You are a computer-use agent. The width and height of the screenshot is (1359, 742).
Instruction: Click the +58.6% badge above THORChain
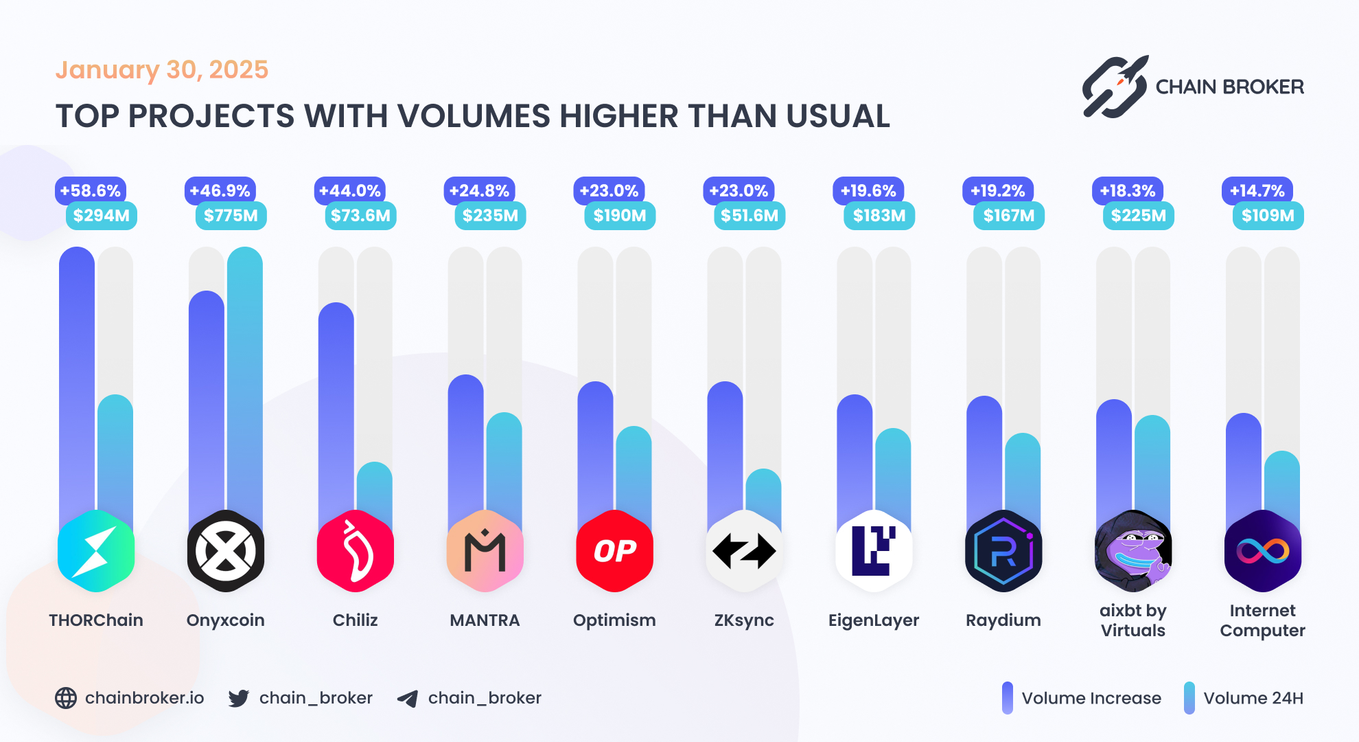pos(91,191)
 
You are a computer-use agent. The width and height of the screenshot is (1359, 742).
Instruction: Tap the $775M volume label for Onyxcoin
pos(231,216)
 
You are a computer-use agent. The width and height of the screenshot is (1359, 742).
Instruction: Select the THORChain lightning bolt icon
pos(96,551)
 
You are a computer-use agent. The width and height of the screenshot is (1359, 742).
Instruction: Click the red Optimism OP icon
pos(614,551)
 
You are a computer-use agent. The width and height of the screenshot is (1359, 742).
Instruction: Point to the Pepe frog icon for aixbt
pos(1133,551)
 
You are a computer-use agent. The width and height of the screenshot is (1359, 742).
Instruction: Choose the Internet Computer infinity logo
pos(1262,551)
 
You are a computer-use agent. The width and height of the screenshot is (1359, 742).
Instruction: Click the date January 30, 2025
pos(162,70)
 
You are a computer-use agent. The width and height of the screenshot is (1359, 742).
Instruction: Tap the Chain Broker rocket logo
pos(1115,87)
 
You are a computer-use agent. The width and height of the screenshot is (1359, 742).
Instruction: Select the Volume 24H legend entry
pos(1244,698)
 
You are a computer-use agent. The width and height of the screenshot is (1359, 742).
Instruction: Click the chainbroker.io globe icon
pos(66,698)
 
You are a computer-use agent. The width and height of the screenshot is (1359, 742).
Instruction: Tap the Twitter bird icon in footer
pos(239,698)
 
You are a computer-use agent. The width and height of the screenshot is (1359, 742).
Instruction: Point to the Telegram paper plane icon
pos(408,699)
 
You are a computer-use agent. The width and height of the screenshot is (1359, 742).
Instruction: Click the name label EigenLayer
pos(874,620)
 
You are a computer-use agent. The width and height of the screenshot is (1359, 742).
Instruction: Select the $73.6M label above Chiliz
pos(360,216)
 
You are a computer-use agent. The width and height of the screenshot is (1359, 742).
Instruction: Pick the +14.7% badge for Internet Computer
pos(1257,191)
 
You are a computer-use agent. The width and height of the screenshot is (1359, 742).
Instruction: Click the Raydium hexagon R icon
pos(1003,551)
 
